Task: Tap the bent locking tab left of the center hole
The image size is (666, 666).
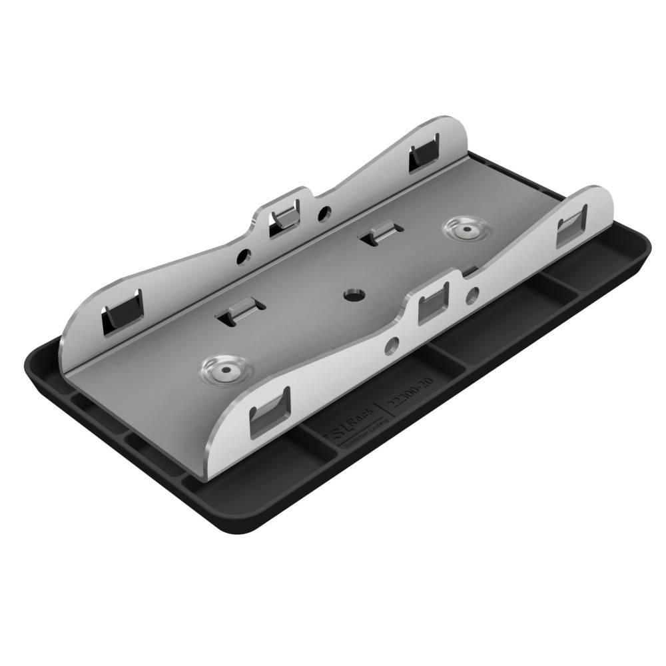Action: (x=242, y=311)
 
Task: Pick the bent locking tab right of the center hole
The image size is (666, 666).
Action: (x=379, y=235)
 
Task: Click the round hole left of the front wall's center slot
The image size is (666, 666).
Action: (x=393, y=344)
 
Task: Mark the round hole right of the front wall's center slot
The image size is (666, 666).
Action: (x=472, y=292)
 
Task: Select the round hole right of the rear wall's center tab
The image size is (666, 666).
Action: (x=324, y=213)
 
